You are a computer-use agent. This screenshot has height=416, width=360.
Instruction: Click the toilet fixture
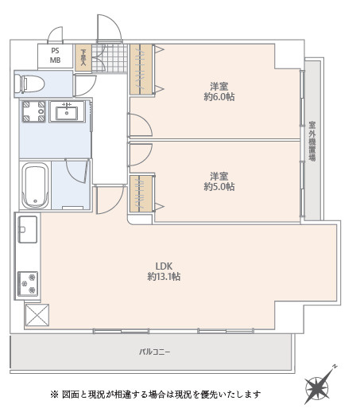click(x=29, y=84)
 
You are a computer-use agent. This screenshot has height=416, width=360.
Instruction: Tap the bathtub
click(x=35, y=185)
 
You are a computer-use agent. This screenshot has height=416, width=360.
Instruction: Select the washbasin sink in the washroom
click(x=67, y=111)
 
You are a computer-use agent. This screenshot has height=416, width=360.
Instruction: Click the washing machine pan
click(x=33, y=111)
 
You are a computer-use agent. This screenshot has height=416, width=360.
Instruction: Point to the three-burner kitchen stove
click(x=28, y=284)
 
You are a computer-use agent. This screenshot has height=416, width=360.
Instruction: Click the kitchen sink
click(x=28, y=230)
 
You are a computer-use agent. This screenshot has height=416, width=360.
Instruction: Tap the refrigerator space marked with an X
click(x=37, y=315)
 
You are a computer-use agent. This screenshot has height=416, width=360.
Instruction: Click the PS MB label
click(x=55, y=56)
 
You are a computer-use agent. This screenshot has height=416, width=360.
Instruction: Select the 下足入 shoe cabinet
click(x=83, y=57)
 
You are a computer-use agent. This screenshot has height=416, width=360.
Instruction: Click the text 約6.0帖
click(x=219, y=97)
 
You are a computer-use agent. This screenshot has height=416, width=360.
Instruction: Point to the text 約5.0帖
click(x=219, y=187)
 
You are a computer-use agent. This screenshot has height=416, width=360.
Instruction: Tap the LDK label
click(x=164, y=266)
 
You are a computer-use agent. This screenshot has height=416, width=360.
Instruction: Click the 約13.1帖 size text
click(x=164, y=277)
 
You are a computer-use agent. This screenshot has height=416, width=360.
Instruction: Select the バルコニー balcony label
click(x=155, y=352)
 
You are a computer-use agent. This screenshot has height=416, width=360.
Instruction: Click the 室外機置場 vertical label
click(x=312, y=141)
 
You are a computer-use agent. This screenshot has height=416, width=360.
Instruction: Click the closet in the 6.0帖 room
click(x=141, y=69)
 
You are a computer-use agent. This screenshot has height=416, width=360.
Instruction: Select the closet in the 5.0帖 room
click(x=141, y=193)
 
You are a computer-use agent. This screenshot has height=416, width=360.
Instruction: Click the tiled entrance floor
click(x=110, y=58)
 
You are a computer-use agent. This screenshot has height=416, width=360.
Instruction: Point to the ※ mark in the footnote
click(x=54, y=395)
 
